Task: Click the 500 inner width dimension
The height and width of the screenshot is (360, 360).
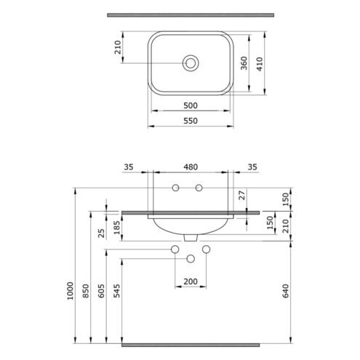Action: (x=191, y=105)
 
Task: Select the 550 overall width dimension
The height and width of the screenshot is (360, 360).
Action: (x=191, y=121)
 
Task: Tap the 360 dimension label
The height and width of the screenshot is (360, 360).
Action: (x=244, y=63)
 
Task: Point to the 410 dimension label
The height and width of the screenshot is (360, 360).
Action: (x=260, y=64)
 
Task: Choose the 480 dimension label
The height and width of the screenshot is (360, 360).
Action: (x=191, y=167)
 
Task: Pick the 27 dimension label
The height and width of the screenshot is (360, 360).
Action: (x=242, y=195)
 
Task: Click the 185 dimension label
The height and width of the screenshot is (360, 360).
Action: (x=117, y=228)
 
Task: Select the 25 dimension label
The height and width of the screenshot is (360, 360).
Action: (x=101, y=233)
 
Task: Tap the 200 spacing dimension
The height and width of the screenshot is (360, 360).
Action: (x=191, y=281)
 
